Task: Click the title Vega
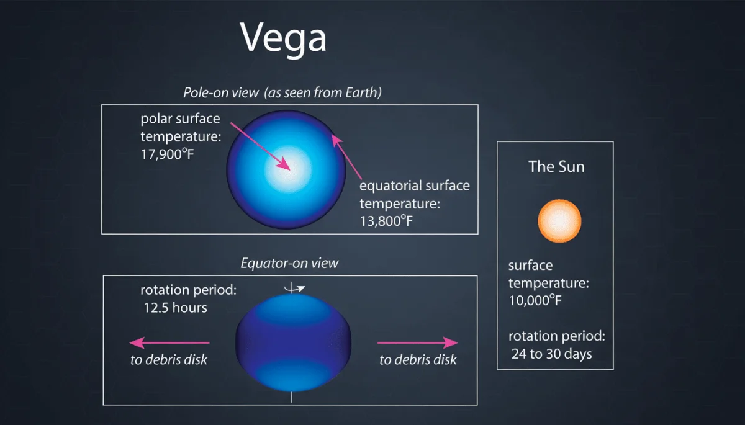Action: (283, 38)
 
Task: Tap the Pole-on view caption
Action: (282, 93)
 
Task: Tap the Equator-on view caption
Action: (290, 263)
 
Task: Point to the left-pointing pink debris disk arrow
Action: (169, 342)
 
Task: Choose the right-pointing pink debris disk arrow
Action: (418, 342)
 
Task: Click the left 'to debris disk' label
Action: (169, 360)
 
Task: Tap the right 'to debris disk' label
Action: (418, 359)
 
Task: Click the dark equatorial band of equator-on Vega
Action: (293, 341)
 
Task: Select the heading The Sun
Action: (556, 167)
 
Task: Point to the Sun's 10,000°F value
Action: (540, 302)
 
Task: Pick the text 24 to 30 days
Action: (551, 354)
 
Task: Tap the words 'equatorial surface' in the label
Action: (415, 186)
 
